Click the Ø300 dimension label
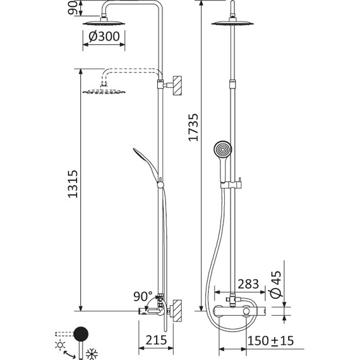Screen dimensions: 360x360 (x=105, y=37)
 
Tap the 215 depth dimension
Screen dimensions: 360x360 (x=155, y=340)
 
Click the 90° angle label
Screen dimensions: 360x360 (x=143, y=296)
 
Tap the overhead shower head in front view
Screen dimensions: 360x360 (x=236, y=23)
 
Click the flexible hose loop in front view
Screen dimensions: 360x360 (x=212, y=265)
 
